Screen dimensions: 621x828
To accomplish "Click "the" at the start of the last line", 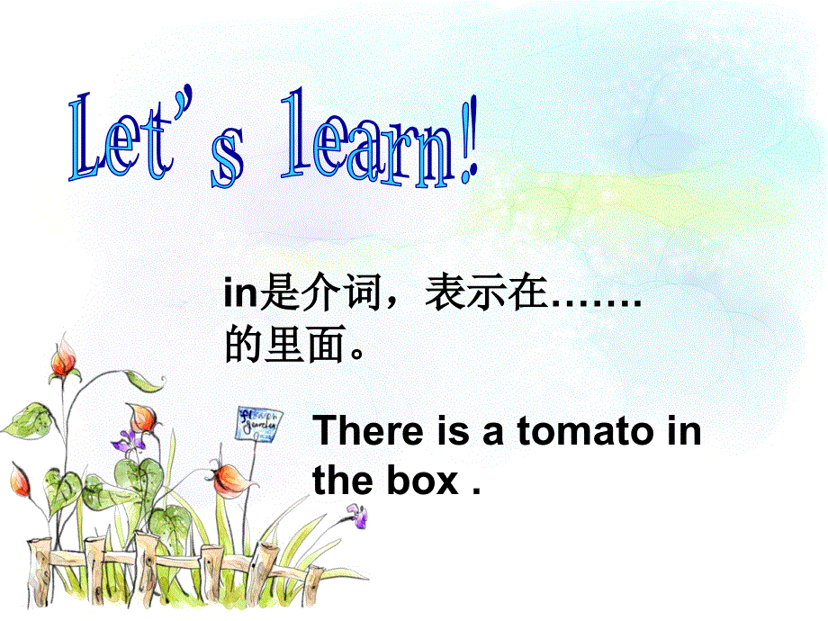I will point(342,481).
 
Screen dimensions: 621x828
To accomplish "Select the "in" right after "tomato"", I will point(684,432).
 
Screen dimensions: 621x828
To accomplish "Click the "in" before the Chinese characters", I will point(240,294).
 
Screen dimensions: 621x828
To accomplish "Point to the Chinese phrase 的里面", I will point(284,345).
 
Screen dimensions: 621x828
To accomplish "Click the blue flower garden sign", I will point(259,423).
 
